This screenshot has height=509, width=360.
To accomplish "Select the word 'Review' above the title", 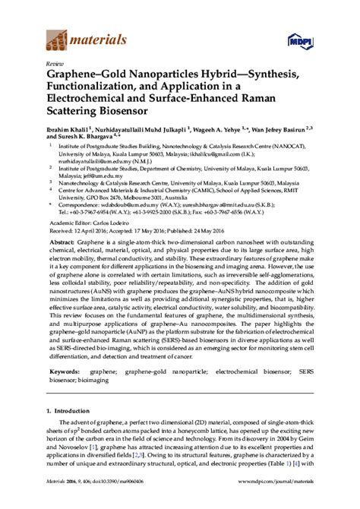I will click(x=55, y=65).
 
